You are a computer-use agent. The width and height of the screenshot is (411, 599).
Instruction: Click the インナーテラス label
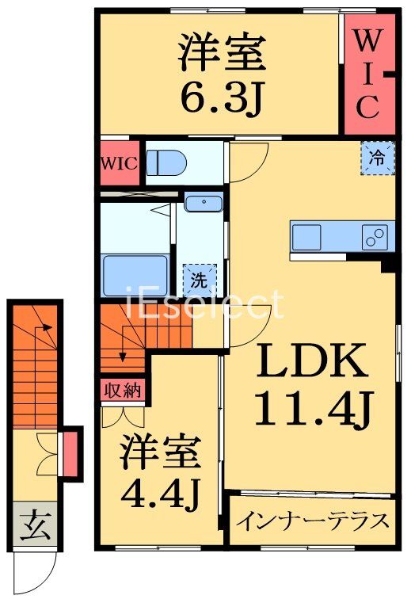314,521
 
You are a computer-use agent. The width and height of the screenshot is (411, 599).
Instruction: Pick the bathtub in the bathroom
136,274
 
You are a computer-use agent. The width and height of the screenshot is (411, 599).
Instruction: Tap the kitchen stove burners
375,235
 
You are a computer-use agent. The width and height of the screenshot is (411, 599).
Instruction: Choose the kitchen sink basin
306,235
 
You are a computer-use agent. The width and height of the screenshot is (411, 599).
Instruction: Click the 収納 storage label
123,390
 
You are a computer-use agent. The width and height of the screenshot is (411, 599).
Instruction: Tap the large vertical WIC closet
367,71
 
